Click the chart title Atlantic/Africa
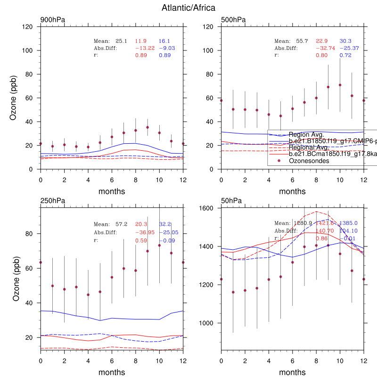pyautogui.click(x=188, y=8)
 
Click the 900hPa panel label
pyautogui.click(x=52, y=20)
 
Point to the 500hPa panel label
pyautogui.click(x=233, y=20)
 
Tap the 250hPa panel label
pyautogui.click(x=52, y=201)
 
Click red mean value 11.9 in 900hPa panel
pyautogui.click(x=141, y=41)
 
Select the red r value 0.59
pyautogui.click(x=141, y=240)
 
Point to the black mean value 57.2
pyautogui.click(x=122, y=224)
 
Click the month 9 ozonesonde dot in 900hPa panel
pyautogui.click(x=148, y=127)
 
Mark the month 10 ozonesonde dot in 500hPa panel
pyautogui.click(x=340, y=85)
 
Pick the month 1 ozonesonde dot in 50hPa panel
pyautogui.click(x=233, y=292)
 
